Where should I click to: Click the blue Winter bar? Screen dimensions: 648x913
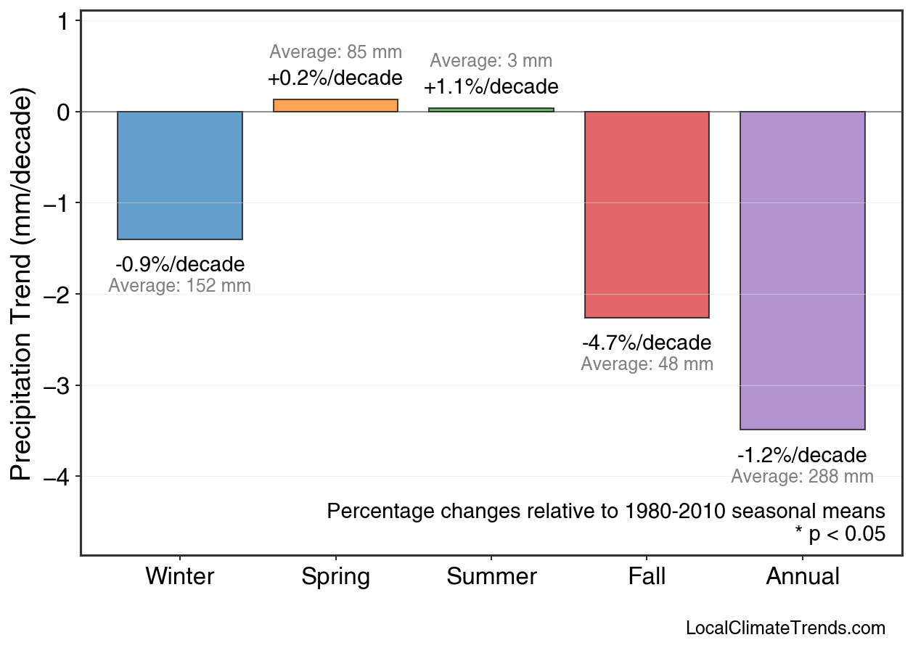point(180,176)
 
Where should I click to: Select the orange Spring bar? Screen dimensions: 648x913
point(335,106)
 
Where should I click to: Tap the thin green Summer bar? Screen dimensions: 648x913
point(491,110)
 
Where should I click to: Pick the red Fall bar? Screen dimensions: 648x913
point(647,215)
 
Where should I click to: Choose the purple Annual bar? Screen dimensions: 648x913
point(802,271)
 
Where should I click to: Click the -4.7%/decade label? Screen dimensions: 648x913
point(647,343)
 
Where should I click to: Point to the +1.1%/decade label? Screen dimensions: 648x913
point(491,87)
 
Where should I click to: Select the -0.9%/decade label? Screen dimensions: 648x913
point(180,264)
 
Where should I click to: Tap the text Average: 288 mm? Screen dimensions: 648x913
point(802,477)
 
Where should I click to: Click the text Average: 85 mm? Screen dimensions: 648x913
point(335,52)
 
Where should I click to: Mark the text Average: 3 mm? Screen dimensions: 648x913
point(491,61)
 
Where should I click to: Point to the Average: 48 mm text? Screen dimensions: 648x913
point(647,364)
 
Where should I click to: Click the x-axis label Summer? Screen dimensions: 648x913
point(491,577)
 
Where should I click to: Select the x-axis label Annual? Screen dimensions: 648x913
point(802,577)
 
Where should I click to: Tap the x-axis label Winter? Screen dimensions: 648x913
point(180,577)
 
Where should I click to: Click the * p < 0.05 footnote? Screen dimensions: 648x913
point(840,534)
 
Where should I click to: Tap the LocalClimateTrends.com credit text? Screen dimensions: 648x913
point(785,628)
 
